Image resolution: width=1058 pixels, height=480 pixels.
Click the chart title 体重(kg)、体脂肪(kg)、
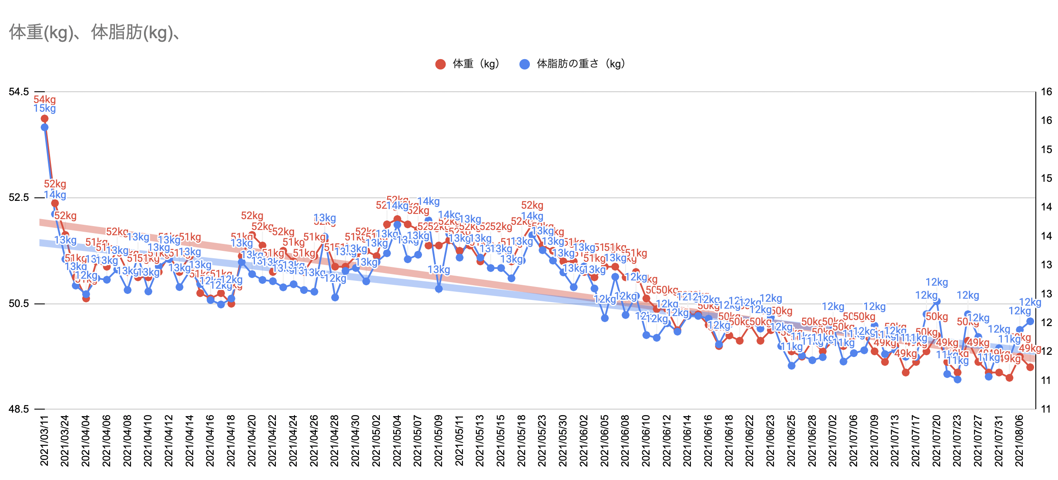(94, 33)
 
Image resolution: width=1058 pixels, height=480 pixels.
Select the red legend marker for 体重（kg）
(440, 64)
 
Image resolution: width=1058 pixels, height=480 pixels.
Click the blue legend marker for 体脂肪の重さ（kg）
(525, 64)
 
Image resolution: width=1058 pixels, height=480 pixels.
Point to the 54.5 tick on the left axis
(19, 92)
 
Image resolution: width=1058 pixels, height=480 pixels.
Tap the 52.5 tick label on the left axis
(19, 198)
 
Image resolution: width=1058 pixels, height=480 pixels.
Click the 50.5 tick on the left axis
(19, 303)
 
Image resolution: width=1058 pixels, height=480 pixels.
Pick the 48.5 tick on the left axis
(19, 409)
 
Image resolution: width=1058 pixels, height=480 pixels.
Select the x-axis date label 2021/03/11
(44, 440)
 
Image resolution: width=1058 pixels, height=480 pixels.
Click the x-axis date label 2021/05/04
(397, 440)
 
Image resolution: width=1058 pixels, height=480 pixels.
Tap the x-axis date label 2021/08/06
(1020, 440)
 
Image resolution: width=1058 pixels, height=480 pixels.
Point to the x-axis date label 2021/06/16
(708, 440)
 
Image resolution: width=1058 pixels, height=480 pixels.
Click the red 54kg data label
(45, 100)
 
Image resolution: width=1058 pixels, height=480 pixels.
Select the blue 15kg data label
(45, 108)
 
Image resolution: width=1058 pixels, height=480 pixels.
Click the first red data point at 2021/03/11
(44, 119)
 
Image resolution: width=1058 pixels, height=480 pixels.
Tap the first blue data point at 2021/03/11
(44, 127)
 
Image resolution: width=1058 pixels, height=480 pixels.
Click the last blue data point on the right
(1030, 321)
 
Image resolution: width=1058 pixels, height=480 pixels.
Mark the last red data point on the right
(1030, 367)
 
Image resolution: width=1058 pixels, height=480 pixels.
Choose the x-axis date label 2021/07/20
(937, 440)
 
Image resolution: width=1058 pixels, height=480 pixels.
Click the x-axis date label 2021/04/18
(231, 440)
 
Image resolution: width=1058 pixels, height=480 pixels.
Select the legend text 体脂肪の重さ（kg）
(581, 64)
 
